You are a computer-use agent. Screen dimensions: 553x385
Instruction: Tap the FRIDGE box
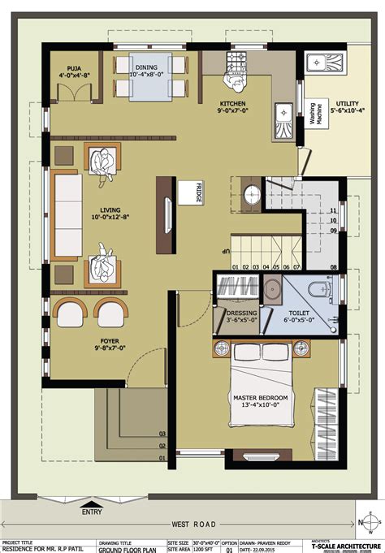click(x=200, y=193)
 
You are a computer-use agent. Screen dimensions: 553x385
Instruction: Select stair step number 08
click(x=333, y=266)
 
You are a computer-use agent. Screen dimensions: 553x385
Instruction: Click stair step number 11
click(x=333, y=210)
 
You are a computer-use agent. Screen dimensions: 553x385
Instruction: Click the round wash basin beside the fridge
click(x=253, y=194)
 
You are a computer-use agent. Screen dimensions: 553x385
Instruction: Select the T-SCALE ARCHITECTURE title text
click(x=340, y=545)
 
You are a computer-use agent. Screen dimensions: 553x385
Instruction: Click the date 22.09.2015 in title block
click(x=269, y=549)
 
